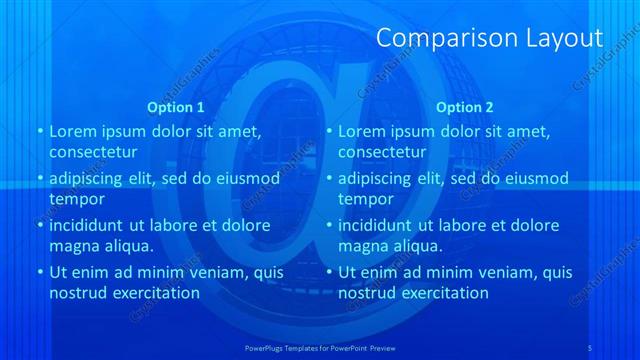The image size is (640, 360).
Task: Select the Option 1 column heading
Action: [176, 106]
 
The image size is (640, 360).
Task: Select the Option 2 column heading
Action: [465, 106]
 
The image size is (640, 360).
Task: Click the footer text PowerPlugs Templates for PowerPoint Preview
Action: [319, 347]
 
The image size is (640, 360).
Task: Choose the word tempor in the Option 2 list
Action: [364, 198]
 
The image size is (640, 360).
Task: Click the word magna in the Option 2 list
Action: [362, 245]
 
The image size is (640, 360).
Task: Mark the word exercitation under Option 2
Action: [441, 293]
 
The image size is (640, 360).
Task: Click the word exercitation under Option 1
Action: [152, 293]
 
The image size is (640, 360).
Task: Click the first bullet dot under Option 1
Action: [39, 132]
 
